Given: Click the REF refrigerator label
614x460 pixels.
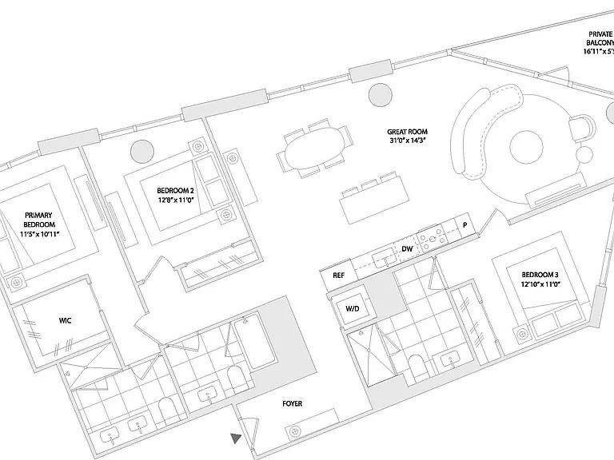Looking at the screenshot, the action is (x=339, y=276).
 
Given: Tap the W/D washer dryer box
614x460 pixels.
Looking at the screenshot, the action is (x=352, y=308).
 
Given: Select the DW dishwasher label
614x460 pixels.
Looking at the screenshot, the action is (x=407, y=249).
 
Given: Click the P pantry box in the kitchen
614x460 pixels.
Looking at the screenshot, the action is (x=465, y=225).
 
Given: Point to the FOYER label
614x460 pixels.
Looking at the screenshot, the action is (x=292, y=403).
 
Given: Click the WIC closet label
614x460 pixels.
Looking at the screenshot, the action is (x=65, y=321).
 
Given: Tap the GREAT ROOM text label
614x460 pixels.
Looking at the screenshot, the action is (x=407, y=132).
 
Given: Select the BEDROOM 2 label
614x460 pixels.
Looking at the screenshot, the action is (x=175, y=191).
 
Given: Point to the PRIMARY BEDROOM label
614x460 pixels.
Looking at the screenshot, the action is (x=38, y=220).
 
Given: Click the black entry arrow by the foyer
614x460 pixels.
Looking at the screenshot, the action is (x=235, y=438).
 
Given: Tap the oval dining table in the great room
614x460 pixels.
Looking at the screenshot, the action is (x=315, y=148).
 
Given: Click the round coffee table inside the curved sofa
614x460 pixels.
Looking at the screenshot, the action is (x=526, y=148).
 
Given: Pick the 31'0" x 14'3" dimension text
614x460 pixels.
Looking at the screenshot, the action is (x=408, y=141).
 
